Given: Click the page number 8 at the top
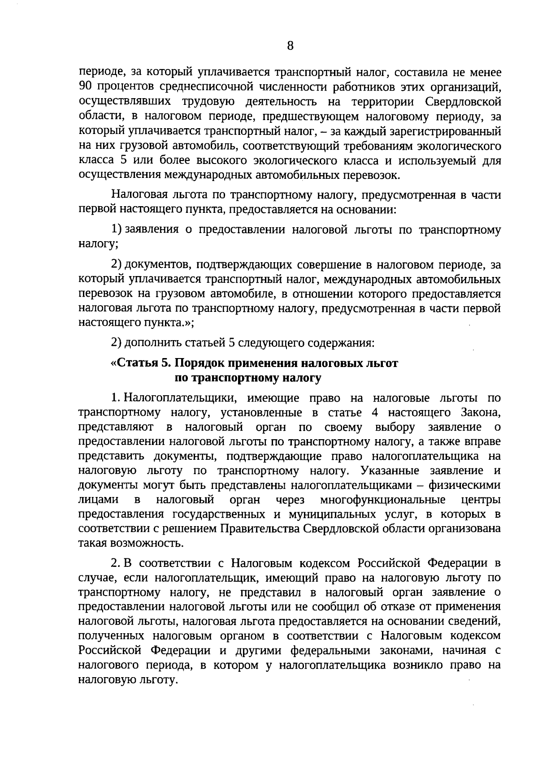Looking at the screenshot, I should coord(290,46).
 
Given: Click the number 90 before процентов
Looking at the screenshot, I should coord(85,86).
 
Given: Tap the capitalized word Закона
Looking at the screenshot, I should coord(480,412).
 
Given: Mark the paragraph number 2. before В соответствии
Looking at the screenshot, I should coord(116,562).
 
